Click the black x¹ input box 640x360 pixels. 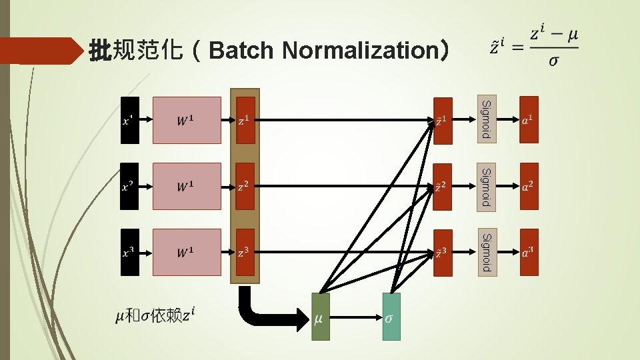[130, 121]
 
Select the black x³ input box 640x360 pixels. [130, 252]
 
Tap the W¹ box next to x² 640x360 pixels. [187, 186]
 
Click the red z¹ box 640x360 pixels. [245, 120]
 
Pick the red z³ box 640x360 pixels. [245, 252]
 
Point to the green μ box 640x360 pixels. [320, 317]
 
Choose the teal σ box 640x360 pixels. [391, 317]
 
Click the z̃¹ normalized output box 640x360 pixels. [442, 121]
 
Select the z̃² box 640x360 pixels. [442, 186]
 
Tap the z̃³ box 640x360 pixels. [442, 253]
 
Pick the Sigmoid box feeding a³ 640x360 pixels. [486, 251]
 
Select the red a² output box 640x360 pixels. [529, 186]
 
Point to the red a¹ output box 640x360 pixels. [529, 120]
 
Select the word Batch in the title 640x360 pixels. [243, 50]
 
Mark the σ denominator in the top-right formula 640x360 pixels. [553, 61]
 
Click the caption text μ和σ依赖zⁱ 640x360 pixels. [155, 315]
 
